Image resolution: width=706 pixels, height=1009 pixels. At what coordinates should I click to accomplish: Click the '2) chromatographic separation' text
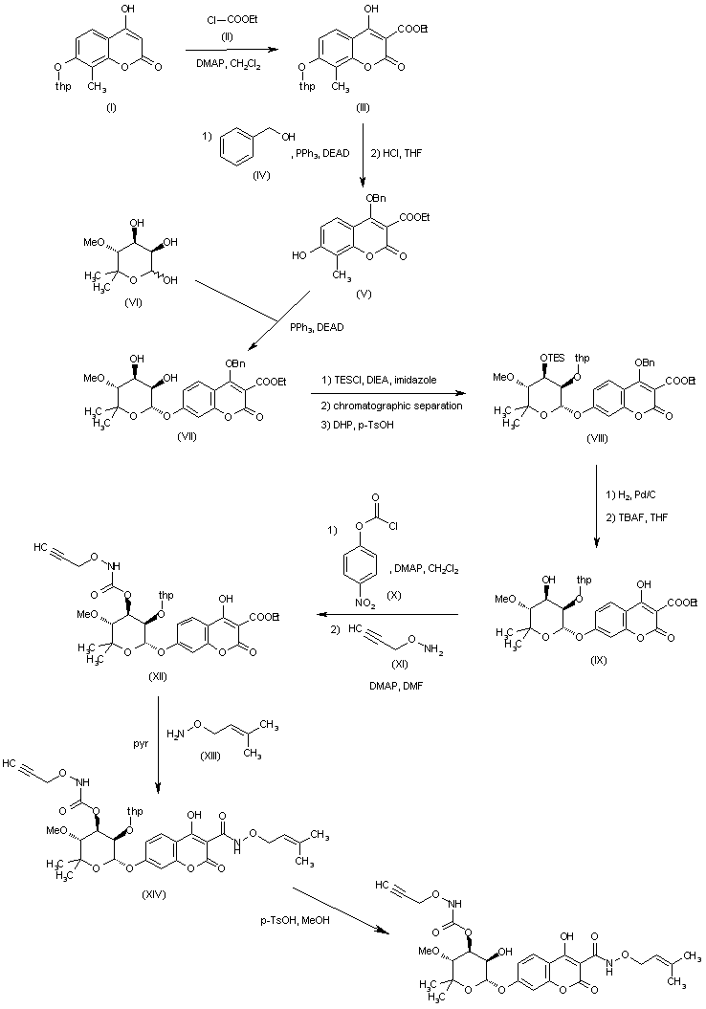coord(387,405)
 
